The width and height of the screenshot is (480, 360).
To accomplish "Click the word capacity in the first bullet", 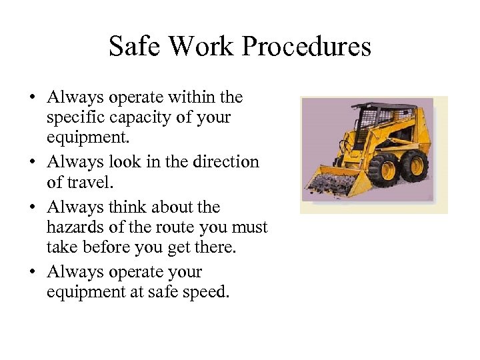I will coord(136,118).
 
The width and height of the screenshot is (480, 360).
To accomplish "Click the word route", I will coord(173,227).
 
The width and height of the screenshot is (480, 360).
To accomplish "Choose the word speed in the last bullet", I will coord(208,291).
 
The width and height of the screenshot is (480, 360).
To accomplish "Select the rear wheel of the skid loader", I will coord(415,165).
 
